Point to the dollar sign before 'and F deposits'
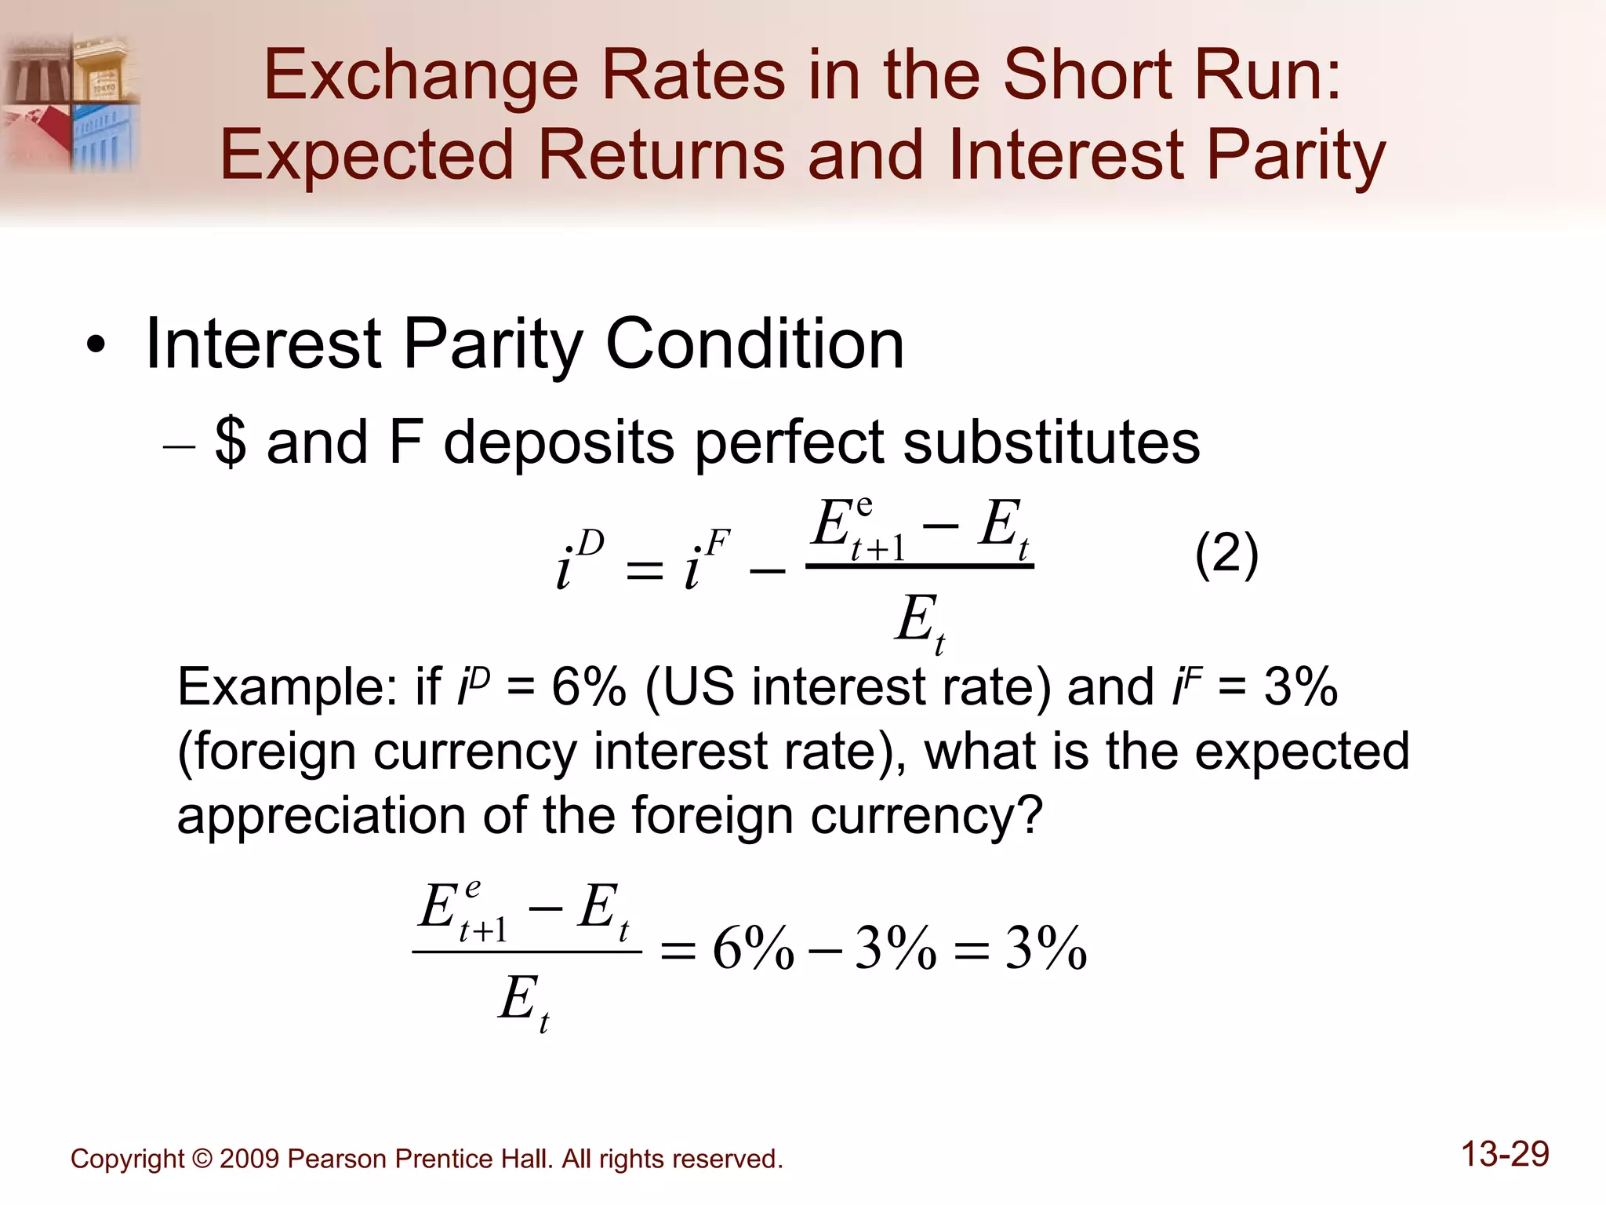point(231,442)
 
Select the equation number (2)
point(1226,555)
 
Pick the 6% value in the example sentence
point(588,687)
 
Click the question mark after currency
point(1030,816)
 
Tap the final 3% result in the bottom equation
point(1045,948)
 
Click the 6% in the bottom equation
point(753,948)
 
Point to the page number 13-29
point(1505,1154)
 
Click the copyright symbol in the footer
point(202,1159)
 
